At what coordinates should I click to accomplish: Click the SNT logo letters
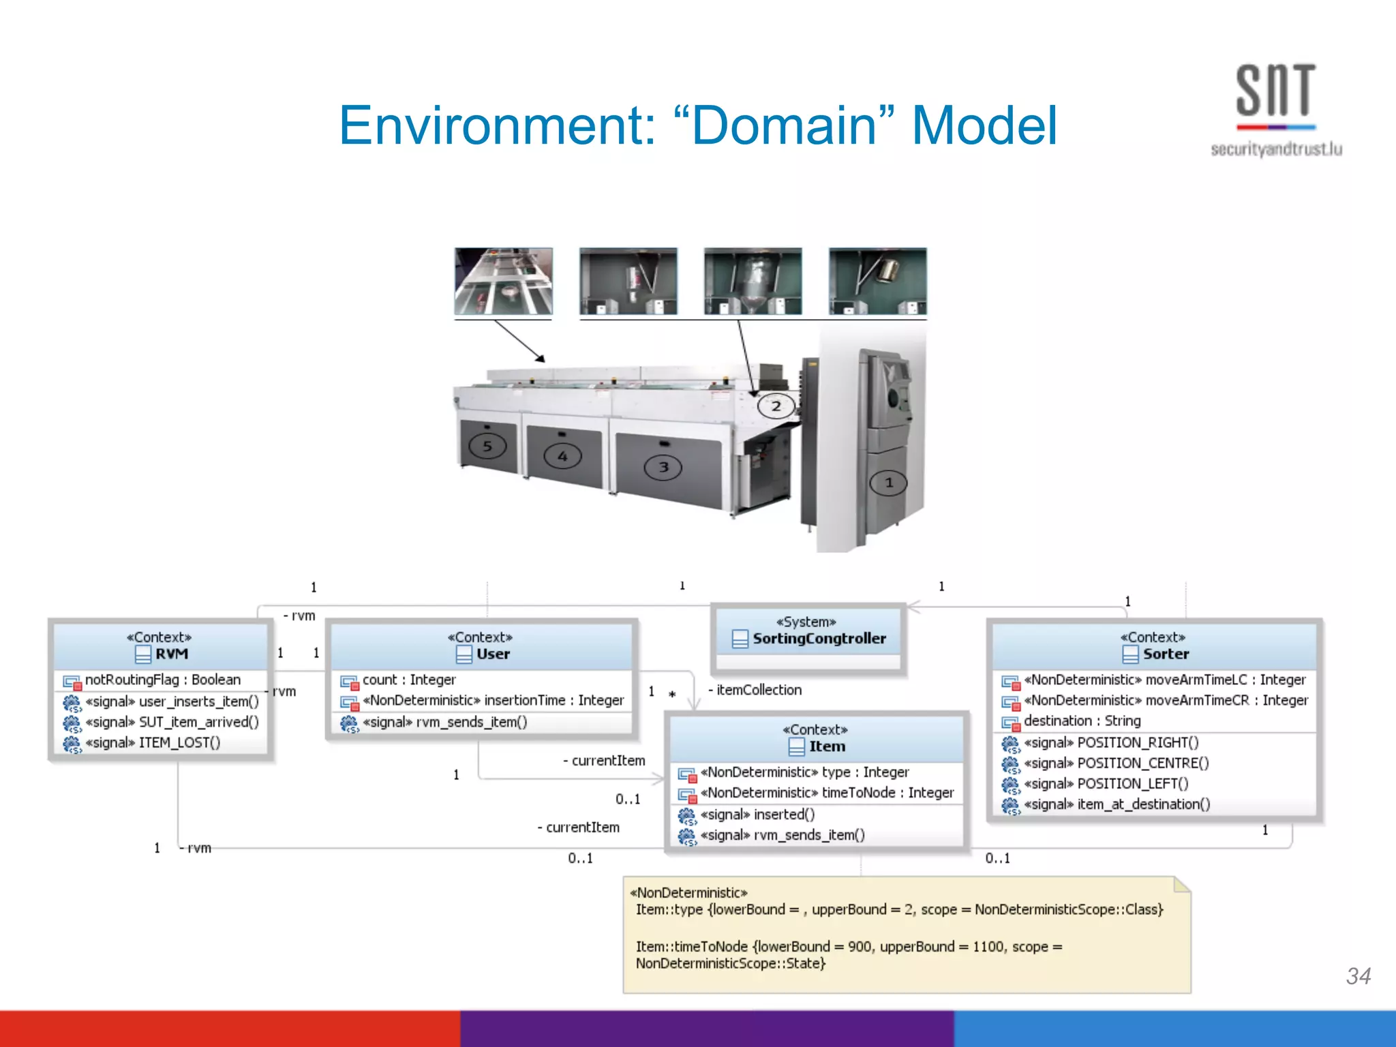[x=1275, y=91]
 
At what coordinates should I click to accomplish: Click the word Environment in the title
[x=496, y=125]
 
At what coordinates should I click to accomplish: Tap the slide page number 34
[x=1358, y=976]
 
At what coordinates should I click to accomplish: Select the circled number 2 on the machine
[x=776, y=406]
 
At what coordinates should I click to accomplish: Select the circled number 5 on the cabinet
[x=487, y=446]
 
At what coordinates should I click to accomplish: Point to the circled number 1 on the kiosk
[x=889, y=483]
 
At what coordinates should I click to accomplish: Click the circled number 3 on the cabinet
[x=663, y=467]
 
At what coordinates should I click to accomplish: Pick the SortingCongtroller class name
[x=819, y=639]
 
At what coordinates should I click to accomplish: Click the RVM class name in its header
[x=171, y=654]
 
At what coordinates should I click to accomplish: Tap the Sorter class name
[x=1165, y=654]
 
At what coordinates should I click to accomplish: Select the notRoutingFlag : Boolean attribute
[x=162, y=680]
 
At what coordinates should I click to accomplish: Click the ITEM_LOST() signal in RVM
[x=179, y=743]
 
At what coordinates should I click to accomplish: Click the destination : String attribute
[x=1082, y=721]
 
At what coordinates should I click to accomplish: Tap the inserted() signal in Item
[x=784, y=815]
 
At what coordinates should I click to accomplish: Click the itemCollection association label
[x=758, y=690]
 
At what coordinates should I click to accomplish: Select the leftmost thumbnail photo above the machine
[x=504, y=281]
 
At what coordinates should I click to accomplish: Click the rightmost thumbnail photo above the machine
[x=877, y=281]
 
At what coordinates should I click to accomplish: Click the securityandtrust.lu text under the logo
[x=1276, y=149]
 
